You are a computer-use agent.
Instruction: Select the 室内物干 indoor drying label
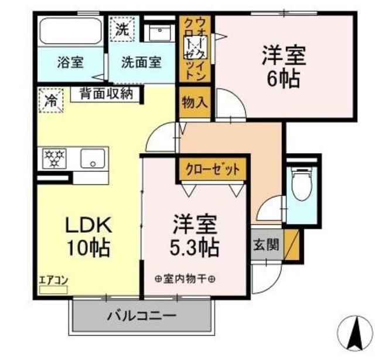click(185, 279)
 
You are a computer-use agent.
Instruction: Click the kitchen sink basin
click(93, 158)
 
